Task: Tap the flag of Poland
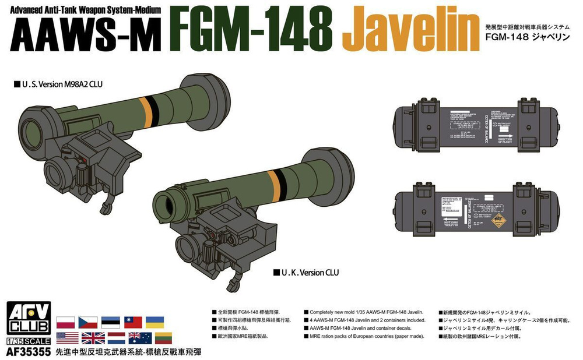(66, 322)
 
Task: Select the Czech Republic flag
(88, 322)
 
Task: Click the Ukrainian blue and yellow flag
(154, 322)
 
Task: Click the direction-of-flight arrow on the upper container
(502, 134)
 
